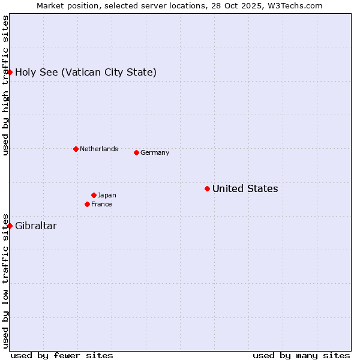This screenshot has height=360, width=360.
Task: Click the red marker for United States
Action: [x=207, y=188]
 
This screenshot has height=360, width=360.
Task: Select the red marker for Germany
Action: [x=136, y=152]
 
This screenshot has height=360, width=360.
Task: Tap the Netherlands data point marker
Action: [x=76, y=149]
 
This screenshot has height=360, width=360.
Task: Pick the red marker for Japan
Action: [x=94, y=195]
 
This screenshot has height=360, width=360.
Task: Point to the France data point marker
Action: [x=87, y=204]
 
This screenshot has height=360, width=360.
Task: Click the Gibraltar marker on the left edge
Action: [x=10, y=226]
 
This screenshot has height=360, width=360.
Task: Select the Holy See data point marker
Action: [x=10, y=72]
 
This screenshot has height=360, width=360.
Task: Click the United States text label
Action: [x=245, y=189]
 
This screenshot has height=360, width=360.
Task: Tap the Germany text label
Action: [x=155, y=153]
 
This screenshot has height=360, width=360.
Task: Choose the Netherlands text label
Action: [x=99, y=149]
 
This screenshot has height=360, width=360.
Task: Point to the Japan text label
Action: [x=107, y=196]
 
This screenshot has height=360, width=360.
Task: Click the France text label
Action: [x=101, y=205]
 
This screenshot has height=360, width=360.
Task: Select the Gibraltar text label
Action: [x=36, y=226]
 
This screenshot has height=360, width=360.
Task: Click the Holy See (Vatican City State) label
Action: [x=86, y=73]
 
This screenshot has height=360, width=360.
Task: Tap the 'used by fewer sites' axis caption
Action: [x=62, y=355]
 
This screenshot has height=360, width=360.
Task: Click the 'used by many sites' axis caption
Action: [x=301, y=355]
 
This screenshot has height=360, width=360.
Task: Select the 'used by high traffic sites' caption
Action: [x=6, y=85]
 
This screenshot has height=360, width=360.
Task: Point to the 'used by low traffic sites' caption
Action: [x=6, y=280]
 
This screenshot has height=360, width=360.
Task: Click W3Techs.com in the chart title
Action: [x=296, y=5]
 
